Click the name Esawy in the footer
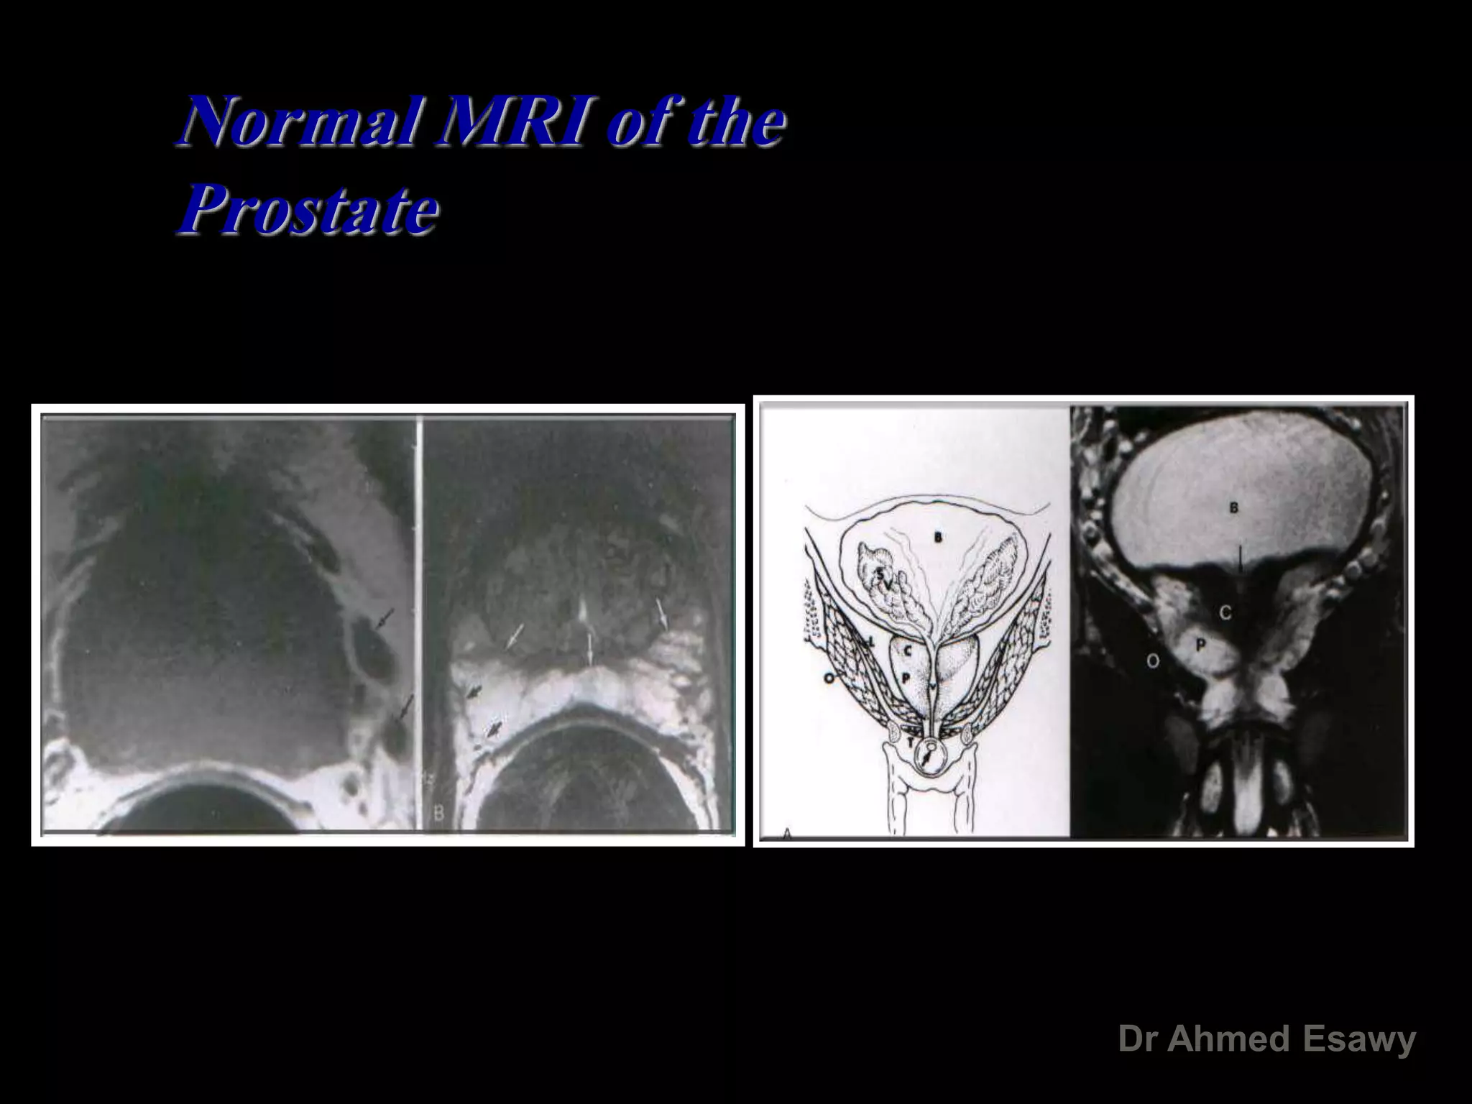point(1359,1039)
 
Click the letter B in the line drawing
point(937,538)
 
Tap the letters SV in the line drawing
point(885,579)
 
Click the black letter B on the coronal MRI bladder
point(1233,508)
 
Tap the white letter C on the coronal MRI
point(1225,612)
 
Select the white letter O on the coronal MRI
point(1152,661)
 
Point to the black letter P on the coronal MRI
point(1200,646)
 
